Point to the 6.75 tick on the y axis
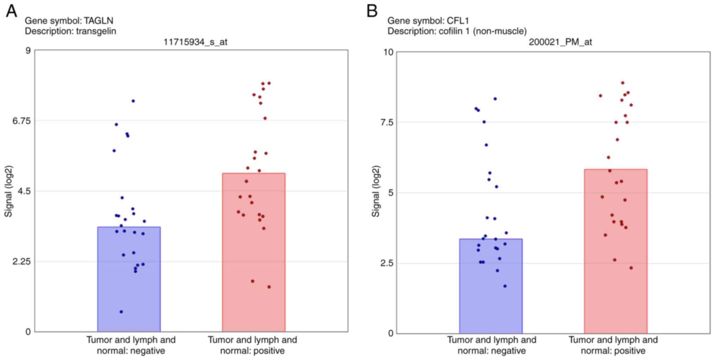pyautogui.click(x=21, y=121)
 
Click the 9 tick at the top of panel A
pyautogui.click(x=28, y=50)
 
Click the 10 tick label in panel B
pyautogui.click(x=388, y=52)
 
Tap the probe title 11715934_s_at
pyautogui.click(x=195, y=42)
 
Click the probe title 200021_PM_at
pyautogui.click(x=560, y=42)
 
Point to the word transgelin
pyautogui.click(x=96, y=31)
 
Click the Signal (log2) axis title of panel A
pyautogui.click(x=8, y=191)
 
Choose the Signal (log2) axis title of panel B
pyautogui.click(x=376, y=191)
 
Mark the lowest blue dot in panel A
pyautogui.click(x=121, y=312)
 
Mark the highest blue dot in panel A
pyautogui.click(x=133, y=101)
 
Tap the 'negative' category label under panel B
pyautogui.click(x=492, y=351)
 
